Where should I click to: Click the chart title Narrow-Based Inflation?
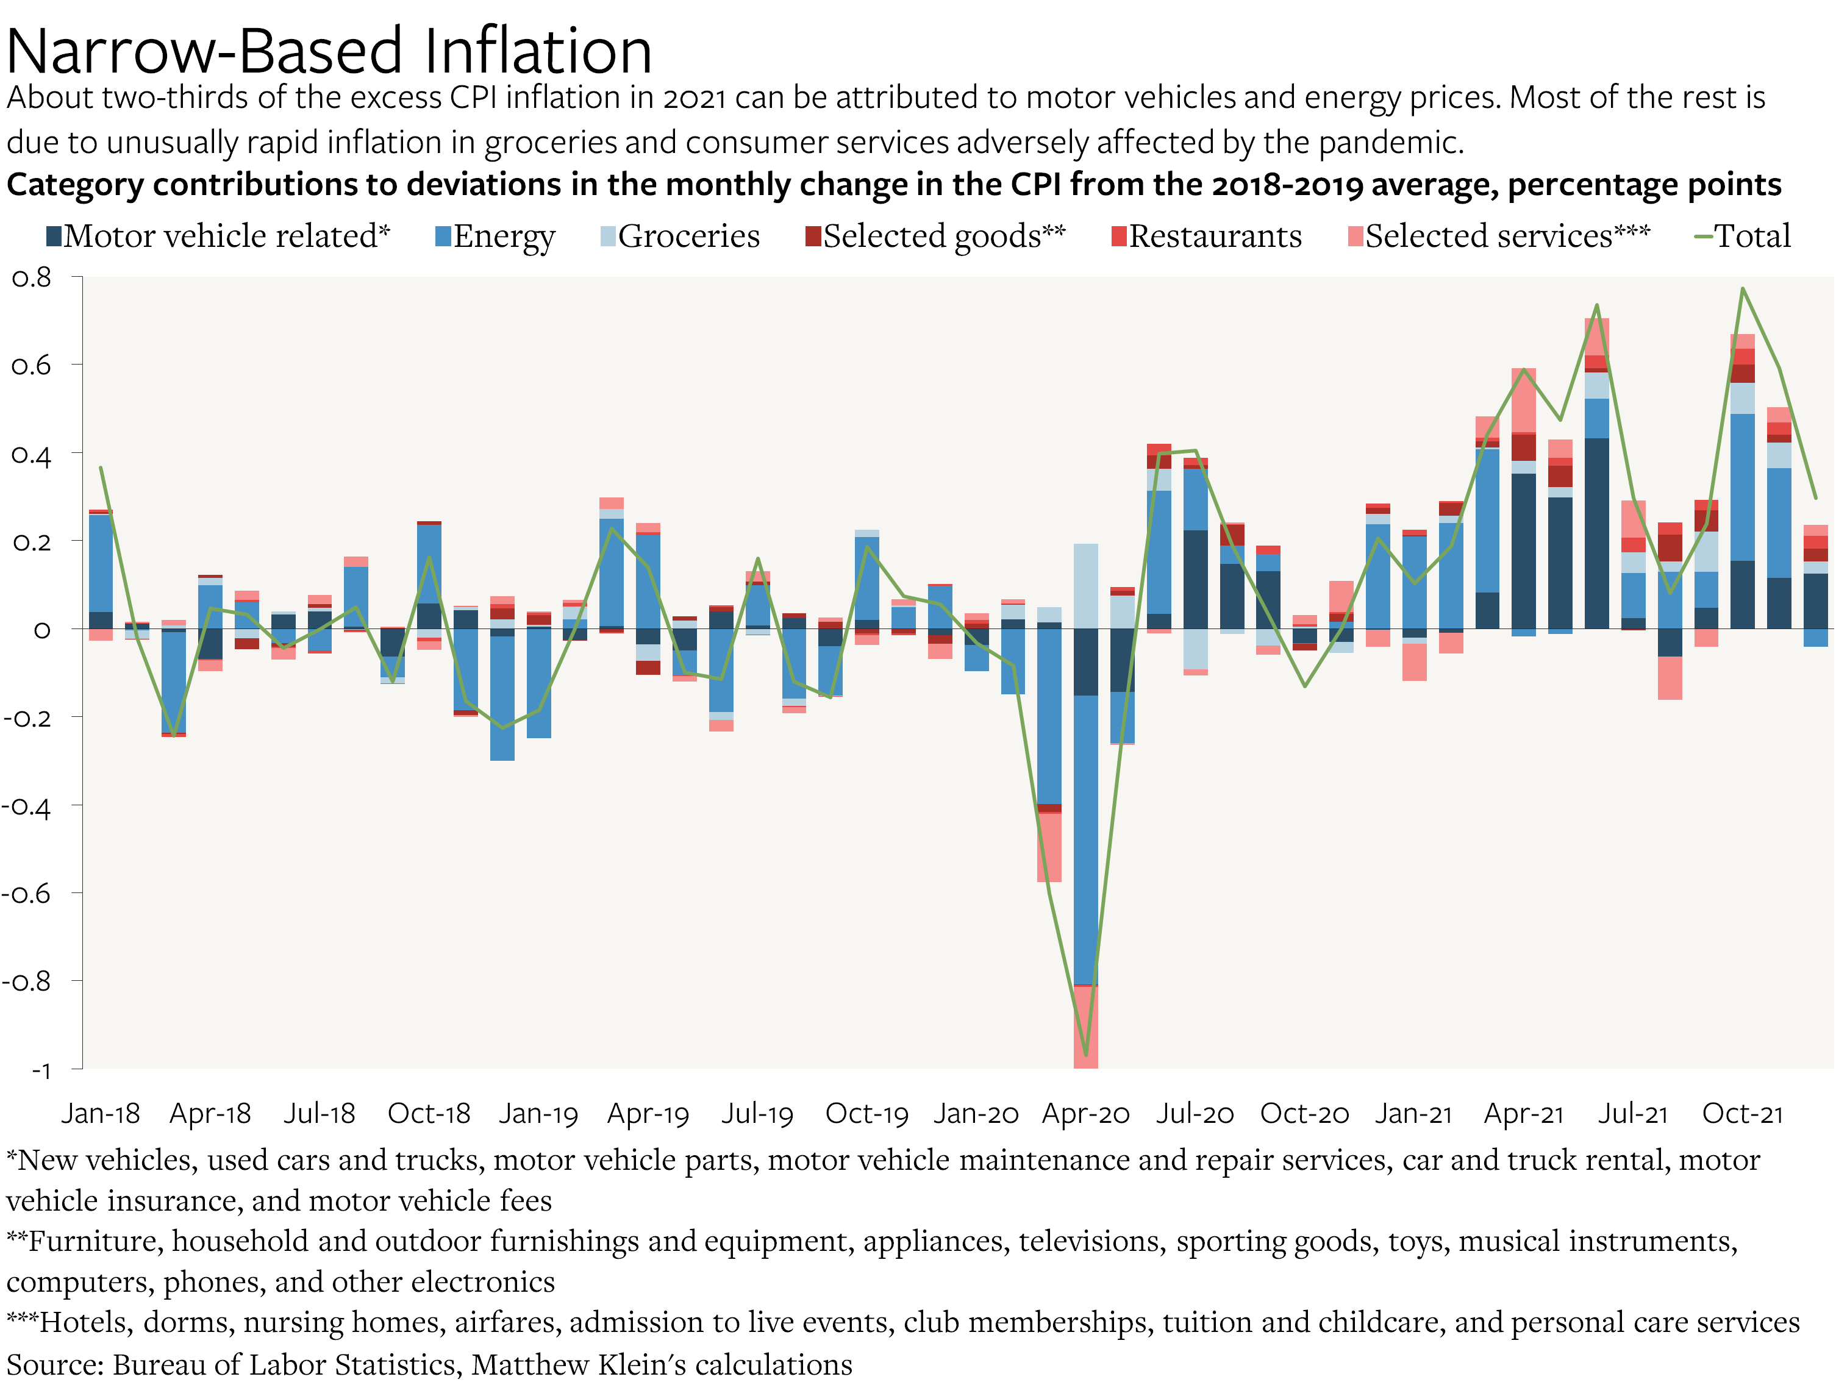[x=329, y=51]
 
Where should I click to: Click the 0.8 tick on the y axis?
[x=32, y=278]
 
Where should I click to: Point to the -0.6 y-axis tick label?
[x=27, y=894]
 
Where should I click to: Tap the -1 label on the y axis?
[x=40, y=1070]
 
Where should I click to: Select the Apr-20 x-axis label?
[x=1085, y=1114]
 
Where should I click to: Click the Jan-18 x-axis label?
[x=101, y=1114]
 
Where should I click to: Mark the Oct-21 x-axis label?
[x=1742, y=1114]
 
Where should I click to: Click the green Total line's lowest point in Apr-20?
[x=1085, y=1055]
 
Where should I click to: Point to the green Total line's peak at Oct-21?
[x=1742, y=289]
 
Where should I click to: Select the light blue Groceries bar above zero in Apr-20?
[x=1085, y=586]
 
